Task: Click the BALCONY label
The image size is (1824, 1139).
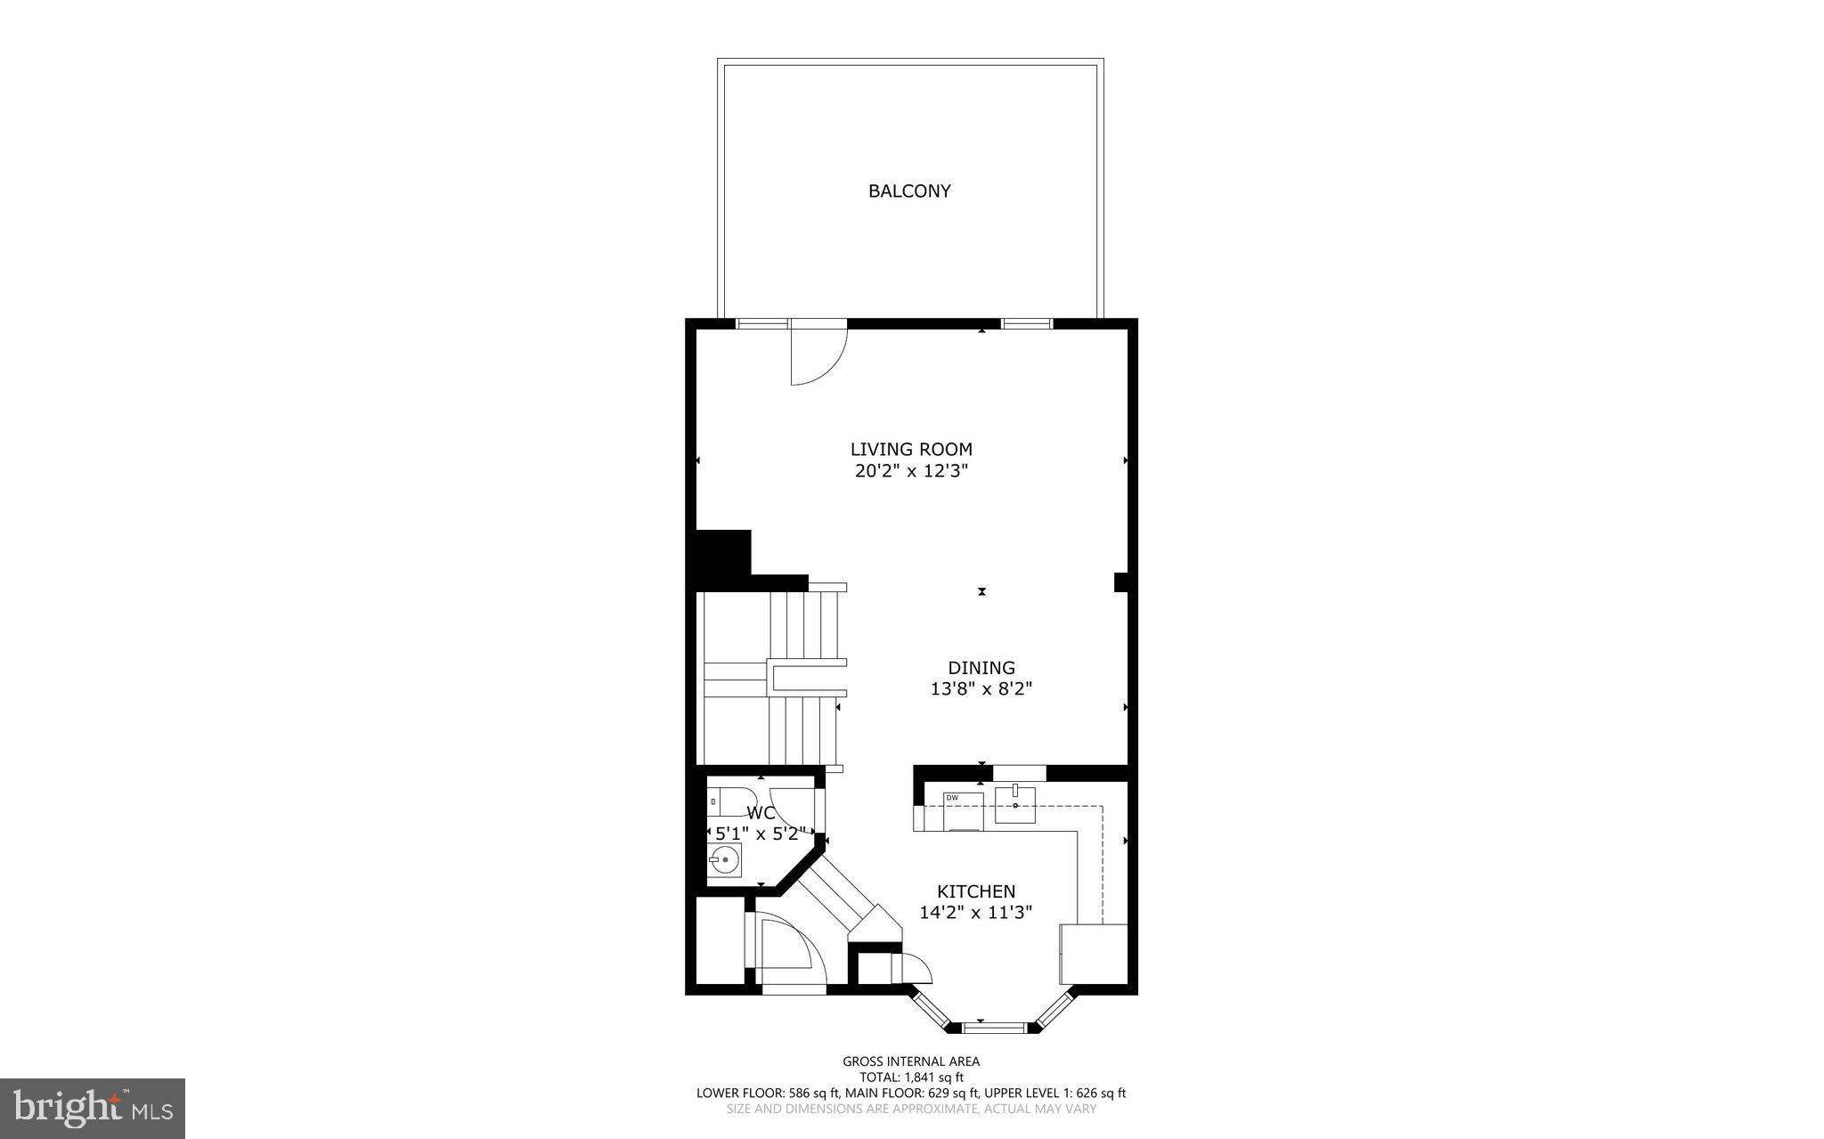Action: (909, 191)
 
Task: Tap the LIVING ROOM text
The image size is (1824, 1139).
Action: (910, 450)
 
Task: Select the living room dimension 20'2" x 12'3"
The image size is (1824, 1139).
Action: (910, 472)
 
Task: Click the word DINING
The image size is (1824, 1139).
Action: (981, 668)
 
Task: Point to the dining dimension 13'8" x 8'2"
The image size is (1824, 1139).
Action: (981, 689)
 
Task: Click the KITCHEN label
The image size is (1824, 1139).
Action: (975, 891)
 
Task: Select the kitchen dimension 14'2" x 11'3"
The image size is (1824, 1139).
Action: (975, 913)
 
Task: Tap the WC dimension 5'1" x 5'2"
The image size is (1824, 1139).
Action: (761, 834)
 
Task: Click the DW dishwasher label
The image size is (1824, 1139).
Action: (952, 798)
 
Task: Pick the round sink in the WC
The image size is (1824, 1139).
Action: (725, 860)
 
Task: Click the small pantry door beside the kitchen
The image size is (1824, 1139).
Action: (916, 967)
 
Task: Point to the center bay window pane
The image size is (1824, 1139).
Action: (993, 1028)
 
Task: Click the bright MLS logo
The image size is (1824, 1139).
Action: (93, 1108)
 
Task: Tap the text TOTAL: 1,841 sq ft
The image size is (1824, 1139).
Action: (910, 1077)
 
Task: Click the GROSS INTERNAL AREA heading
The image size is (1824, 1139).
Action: (910, 1061)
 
